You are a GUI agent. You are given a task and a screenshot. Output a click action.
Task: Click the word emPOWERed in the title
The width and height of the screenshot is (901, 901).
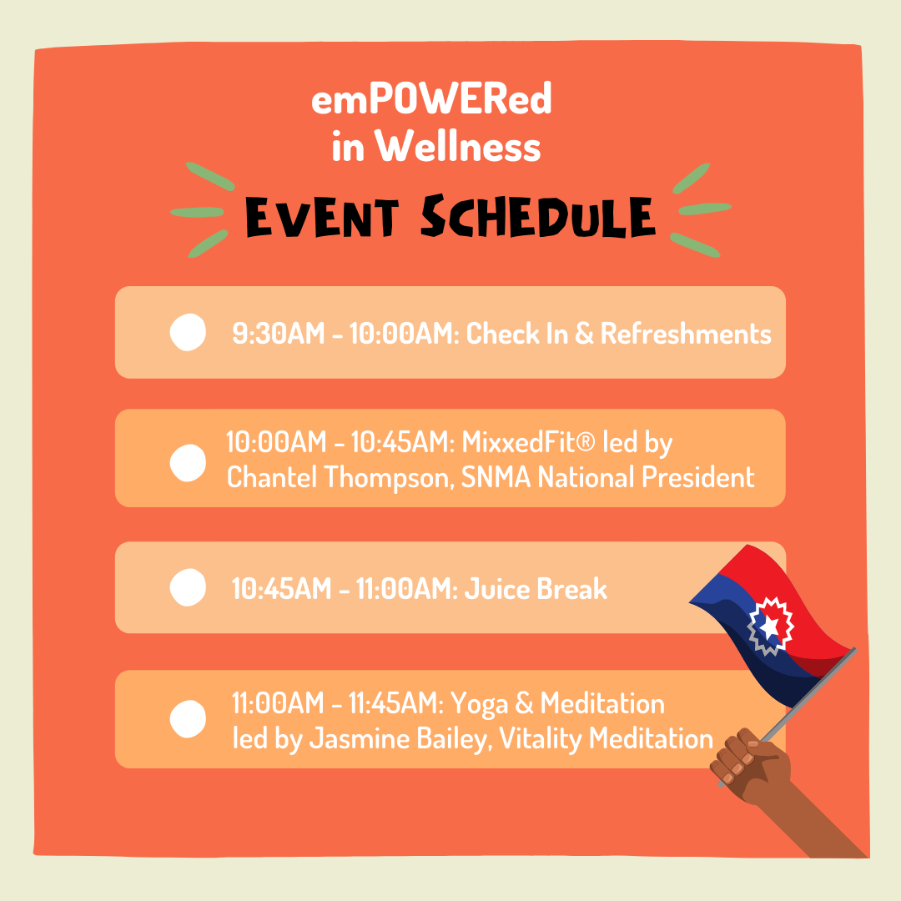point(431,98)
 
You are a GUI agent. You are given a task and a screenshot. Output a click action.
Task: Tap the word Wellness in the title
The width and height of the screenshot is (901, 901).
point(458,146)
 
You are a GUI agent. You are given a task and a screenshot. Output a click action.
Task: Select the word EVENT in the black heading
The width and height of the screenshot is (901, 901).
point(322,217)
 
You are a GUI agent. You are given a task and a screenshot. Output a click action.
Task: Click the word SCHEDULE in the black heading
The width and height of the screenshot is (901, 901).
point(538,216)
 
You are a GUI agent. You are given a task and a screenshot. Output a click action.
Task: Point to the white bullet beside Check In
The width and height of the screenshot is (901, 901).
point(188,332)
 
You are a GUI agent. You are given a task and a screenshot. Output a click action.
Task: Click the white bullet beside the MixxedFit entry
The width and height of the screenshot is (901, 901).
point(188,462)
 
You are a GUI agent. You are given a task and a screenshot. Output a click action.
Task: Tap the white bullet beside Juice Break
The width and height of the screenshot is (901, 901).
point(188,587)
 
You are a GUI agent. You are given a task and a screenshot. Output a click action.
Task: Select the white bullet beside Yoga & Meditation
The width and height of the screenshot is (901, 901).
point(188,718)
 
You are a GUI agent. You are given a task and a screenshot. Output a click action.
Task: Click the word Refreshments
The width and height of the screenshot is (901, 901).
point(686,333)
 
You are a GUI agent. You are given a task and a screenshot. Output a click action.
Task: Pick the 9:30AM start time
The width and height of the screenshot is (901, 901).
point(279,333)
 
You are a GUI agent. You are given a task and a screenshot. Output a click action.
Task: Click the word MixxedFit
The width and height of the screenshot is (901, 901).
point(528,442)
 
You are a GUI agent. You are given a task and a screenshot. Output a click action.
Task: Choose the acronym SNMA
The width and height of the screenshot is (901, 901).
point(496,477)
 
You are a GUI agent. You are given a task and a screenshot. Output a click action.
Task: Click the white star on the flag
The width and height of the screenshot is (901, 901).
point(769,627)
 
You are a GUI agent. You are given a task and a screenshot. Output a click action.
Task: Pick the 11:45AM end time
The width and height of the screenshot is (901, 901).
point(396,703)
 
